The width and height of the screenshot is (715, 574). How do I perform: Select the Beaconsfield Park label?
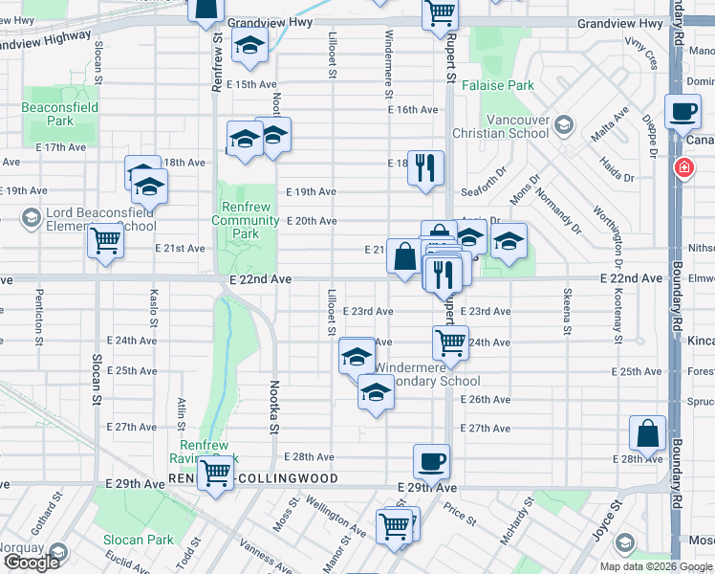click(59, 115)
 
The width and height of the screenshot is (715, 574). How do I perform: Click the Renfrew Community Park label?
click(246, 220)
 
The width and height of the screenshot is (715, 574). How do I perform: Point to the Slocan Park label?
click(140, 540)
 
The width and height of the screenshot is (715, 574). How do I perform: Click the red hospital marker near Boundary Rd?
click(684, 168)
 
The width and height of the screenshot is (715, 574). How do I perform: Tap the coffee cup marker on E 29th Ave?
click(432, 461)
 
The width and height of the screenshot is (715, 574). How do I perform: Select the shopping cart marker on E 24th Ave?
click(450, 341)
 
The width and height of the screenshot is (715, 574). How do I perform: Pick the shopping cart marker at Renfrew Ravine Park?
click(217, 472)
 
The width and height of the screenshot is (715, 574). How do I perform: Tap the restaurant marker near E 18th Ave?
click(424, 167)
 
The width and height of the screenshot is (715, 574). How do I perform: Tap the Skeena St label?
click(567, 312)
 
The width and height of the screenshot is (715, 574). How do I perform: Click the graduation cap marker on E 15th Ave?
click(250, 46)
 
